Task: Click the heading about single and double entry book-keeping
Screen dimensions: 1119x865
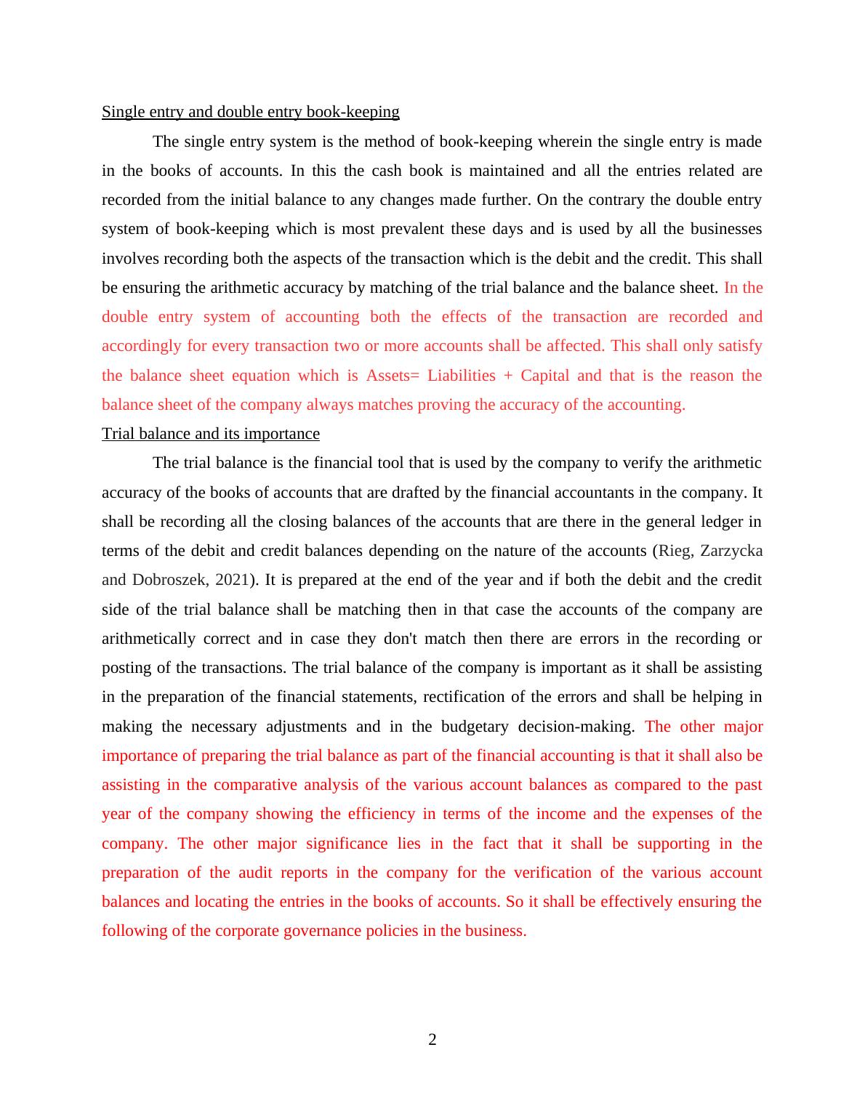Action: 250,112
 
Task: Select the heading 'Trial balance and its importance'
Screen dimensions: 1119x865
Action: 211,434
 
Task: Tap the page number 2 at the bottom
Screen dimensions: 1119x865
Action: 432,1040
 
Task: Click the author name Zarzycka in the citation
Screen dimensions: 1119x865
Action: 731,551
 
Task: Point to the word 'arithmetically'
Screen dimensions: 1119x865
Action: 148,639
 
